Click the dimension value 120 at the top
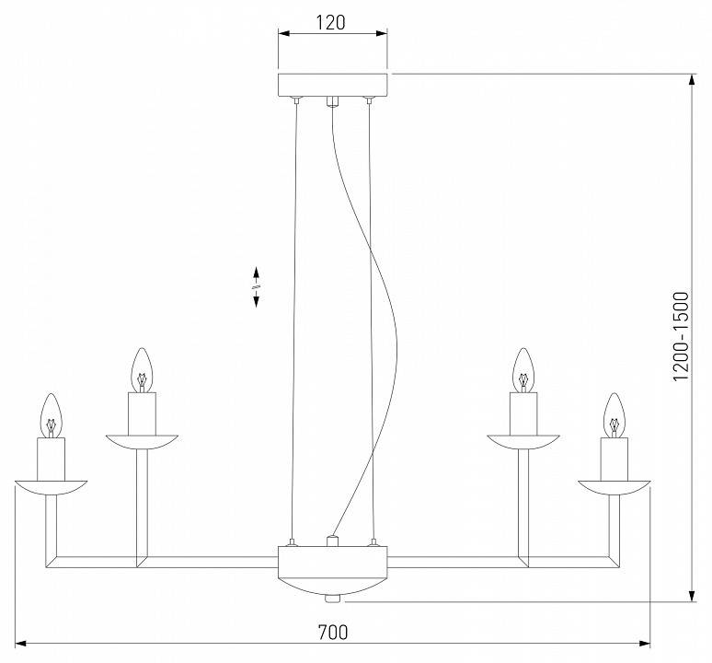[x=332, y=22]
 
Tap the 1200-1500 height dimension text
[x=680, y=337]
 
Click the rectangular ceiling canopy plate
[x=332, y=85]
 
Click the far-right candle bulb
[x=614, y=414]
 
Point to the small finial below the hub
[x=332, y=599]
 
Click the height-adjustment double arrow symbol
[x=257, y=287]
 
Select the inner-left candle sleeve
[x=141, y=412]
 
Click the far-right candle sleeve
[x=614, y=458]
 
